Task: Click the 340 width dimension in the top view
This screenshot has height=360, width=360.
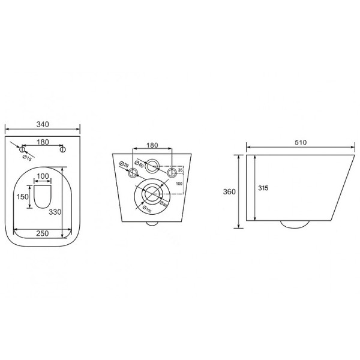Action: pos(42,124)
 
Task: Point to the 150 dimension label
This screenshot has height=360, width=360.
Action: pos(22,197)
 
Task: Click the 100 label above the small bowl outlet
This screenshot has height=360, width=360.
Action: pos(43,176)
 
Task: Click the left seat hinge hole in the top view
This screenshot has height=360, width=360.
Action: pos(21,149)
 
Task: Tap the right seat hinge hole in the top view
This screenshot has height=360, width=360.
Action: pos(64,149)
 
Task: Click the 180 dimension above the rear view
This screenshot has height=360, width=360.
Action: pos(152,145)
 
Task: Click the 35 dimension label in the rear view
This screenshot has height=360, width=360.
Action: pos(179,171)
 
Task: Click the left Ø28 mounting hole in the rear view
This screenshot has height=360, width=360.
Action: pos(132,173)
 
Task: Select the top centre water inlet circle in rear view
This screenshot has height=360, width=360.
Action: pos(153,165)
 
